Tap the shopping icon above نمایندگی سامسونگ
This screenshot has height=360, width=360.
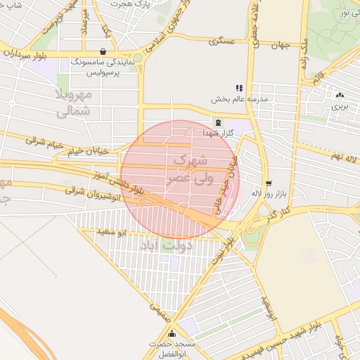[103, 51]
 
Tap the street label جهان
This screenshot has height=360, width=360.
[281, 46]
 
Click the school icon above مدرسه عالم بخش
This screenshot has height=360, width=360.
[239, 88]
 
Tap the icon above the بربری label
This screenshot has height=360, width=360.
[340, 95]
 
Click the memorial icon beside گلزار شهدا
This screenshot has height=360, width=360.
[217, 122]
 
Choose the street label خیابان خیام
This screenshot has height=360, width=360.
[86, 150]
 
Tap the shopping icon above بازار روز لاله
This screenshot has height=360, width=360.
[268, 183]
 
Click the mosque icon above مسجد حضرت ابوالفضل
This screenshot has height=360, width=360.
[171, 334]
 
